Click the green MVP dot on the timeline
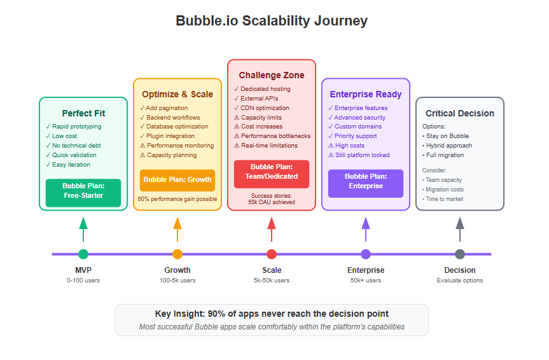click(83, 254)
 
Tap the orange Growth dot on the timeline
click(177, 254)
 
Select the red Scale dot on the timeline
click(272, 254)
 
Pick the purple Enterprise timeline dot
click(366, 254)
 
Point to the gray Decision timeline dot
click(460, 254)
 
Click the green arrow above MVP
click(83, 230)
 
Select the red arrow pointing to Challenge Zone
click(272, 230)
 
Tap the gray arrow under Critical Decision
click(460, 230)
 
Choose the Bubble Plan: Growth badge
click(177, 180)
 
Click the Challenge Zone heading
click(272, 75)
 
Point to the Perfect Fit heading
click(83, 113)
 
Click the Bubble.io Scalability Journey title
click(272, 20)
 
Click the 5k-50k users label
click(272, 280)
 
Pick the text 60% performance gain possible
click(177, 199)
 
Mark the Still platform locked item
click(359, 155)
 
